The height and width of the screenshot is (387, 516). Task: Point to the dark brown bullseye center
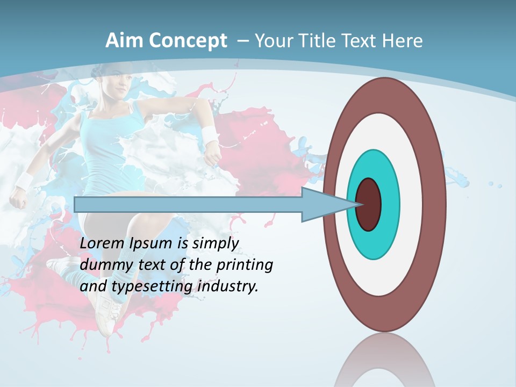point(369,205)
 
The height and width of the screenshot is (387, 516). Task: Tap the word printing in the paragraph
point(245,265)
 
